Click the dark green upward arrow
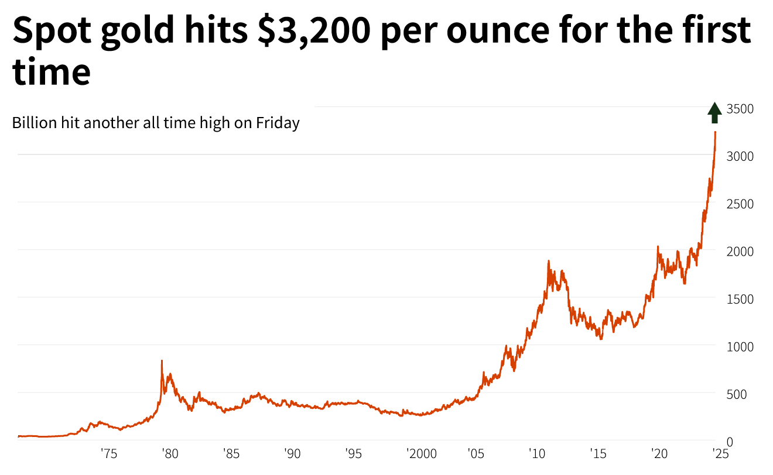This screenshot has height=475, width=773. (x=714, y=112)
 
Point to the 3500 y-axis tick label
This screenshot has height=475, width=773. (x=740, y=109)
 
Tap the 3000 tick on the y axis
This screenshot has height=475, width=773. (x=740, y=156)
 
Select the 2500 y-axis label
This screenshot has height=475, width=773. (x=740, y=204)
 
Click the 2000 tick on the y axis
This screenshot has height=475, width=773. (x=740, y=251)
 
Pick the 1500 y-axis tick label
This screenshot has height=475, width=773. (x=740, y=299)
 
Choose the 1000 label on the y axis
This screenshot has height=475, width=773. (x=740, y=346)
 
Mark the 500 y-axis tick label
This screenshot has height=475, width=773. (x=737, y=394)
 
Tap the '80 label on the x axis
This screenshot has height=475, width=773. (x=170, y=453)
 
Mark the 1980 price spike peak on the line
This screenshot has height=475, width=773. (x=162, y=361)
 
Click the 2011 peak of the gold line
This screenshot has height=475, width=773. (x=548, y=261)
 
